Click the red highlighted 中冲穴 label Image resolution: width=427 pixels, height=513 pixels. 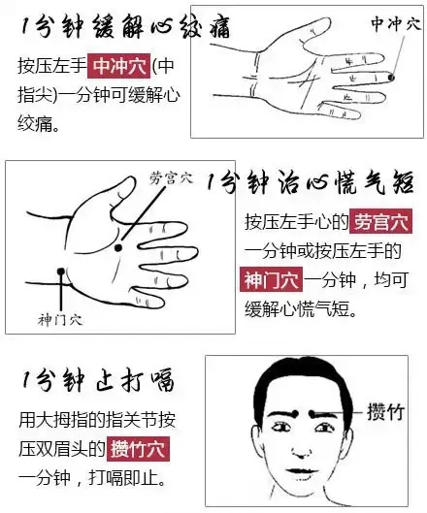[x=118, y=66]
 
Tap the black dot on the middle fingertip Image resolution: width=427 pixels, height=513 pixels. [x=391, y=78]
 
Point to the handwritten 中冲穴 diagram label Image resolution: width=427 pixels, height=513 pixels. [x=396, y=24]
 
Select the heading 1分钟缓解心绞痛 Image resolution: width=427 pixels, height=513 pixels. [x=125, y=27]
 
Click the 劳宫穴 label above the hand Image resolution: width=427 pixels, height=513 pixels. [x=171, y=178]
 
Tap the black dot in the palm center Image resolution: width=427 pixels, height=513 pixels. [x=118, y=247]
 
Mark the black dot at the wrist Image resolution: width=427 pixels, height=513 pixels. [x=60, y=272]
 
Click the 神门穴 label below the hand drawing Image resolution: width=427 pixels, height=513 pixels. [x=60, y=320]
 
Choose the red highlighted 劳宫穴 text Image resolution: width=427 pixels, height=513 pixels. [x=380, y=221]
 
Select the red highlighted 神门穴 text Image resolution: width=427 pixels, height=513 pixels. [x=271, y=279]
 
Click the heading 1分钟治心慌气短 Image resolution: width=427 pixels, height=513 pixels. [x=310, y=182]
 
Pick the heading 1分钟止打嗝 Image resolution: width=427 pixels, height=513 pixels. [x=98, y=380]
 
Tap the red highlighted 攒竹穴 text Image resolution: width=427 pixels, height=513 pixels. [x=138, y=449]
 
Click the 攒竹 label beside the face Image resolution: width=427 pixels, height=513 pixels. [x=385, y=412]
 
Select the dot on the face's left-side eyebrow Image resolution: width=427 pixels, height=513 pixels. [x=295, y=413]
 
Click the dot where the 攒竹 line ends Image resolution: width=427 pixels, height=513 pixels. [x=312, y=413]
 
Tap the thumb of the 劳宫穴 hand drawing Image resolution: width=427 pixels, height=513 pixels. [x=124, y=194]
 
